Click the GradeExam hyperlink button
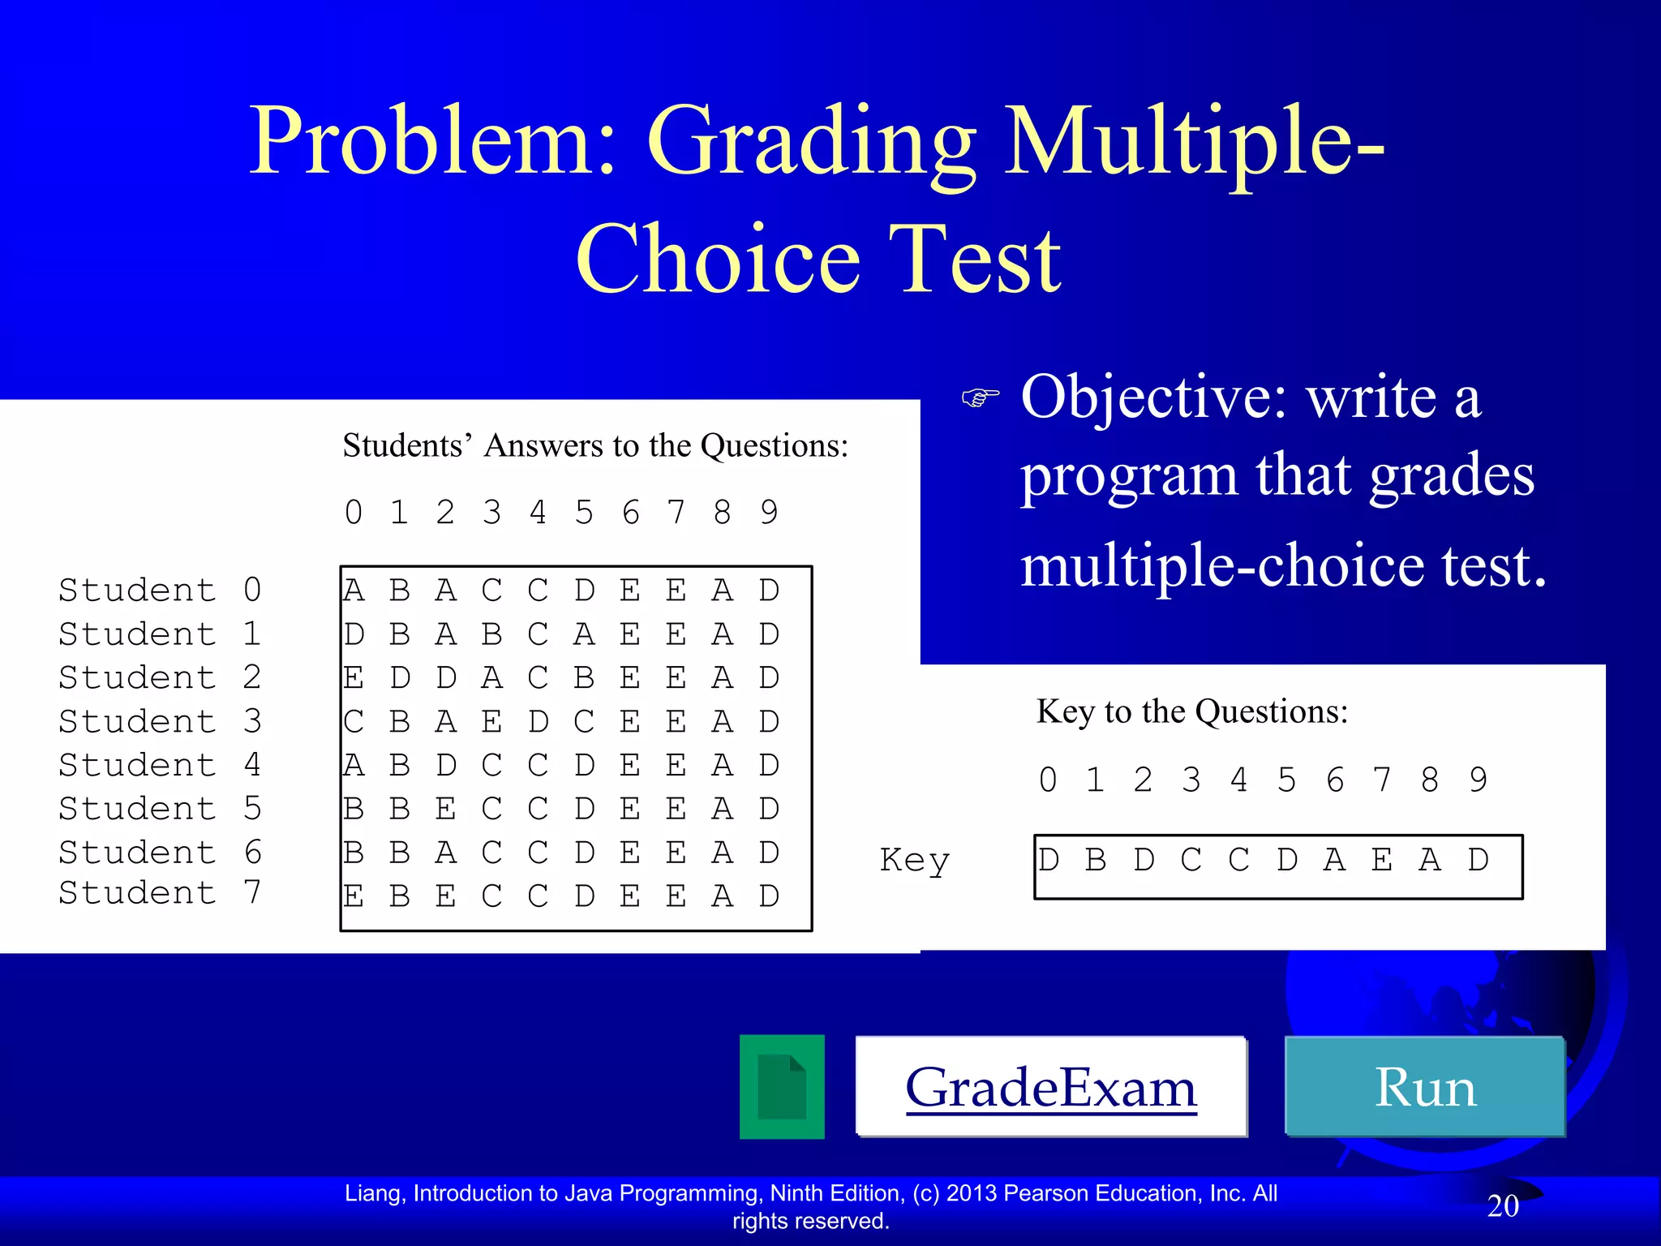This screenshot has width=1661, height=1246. pyautogui.click(x=1050, y=1087)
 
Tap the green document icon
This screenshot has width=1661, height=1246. pyautogui.click(x=782, y=1087)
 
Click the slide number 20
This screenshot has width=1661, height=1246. pyautogui.click(x=1502, y=1205)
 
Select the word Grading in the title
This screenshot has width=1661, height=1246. pyautogui.click(x=810, y=142)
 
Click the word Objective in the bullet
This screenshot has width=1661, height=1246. pyautogui.click(x=1152, y=397)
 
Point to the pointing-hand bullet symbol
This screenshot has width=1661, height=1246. pyautogui.click(x=980, y=397)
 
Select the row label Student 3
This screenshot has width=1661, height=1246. pyautogui.click(x=160, y=721)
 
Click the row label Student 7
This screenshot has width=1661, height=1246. pyautogui.click(x=160, y=892)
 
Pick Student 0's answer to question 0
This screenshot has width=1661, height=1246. pyautogui.click(x=354, y=591)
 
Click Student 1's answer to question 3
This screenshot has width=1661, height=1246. pyautogui.click(x=491, y=634)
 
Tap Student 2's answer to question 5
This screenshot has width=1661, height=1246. pyautogui.click(x=584, y=677)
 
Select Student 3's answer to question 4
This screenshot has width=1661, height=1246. pyautogui.click(x=538, y=721)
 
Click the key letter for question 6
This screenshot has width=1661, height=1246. pyautogui.click(x=1334, y=860)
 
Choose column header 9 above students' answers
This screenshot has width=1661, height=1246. pyautogui.click(x=769, y=513)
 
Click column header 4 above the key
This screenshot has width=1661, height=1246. pyautogui.click(x=1238, y=780)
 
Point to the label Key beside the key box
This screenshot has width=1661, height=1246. pyautogui.click(x=914, y=860)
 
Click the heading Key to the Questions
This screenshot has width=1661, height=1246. pyautogui.click(x=1191, y=711)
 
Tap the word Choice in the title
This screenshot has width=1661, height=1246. pyautogui.click(x=718, y=260)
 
